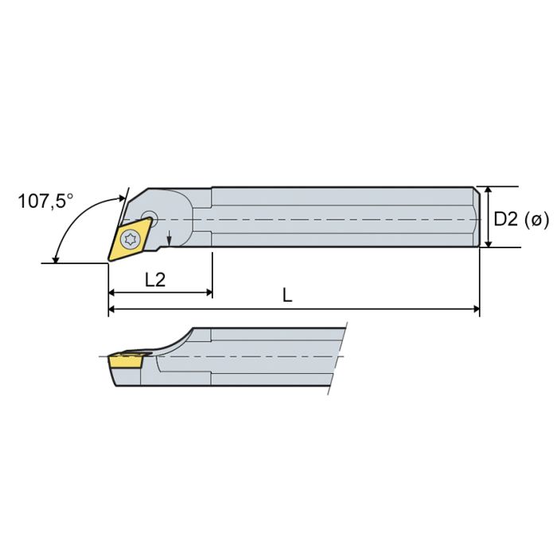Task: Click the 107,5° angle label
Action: tap(45, 201)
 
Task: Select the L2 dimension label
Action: tap(156, 279)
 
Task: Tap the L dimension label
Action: tap(288, 294)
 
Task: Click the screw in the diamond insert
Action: tap(131, 236)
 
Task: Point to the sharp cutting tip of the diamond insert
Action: tap(109, 259)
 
